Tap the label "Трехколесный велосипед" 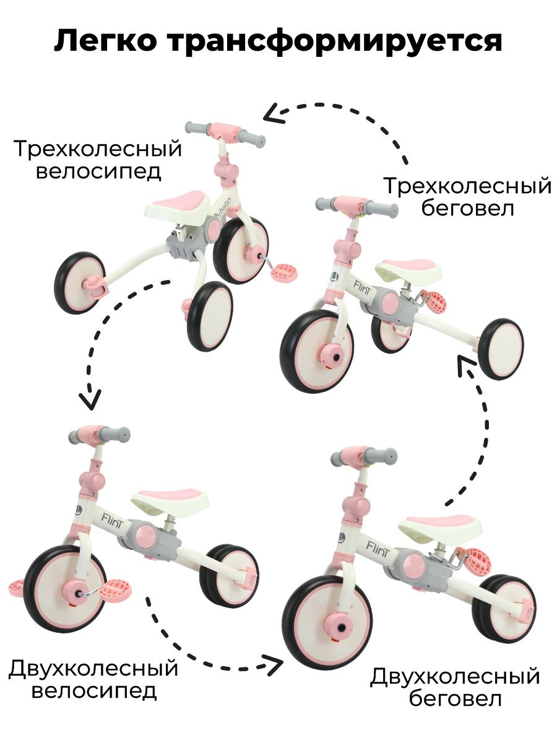(98, 160)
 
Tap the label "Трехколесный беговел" (467, 197)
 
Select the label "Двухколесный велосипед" (93, 679)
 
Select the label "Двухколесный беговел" (455, 687)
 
